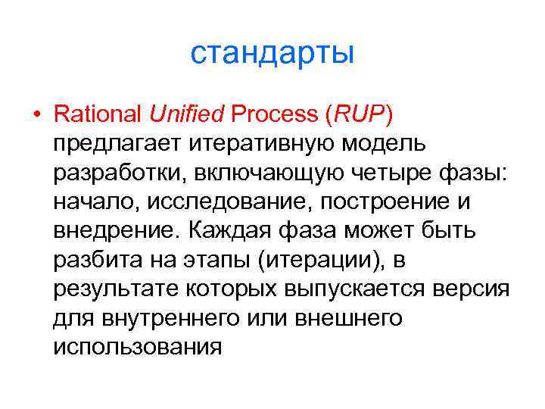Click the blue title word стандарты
(x=272, y=55)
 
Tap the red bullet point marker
(x=36, y=115)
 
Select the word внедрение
(x=113, y=230)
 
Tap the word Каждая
(x=226, y=230)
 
